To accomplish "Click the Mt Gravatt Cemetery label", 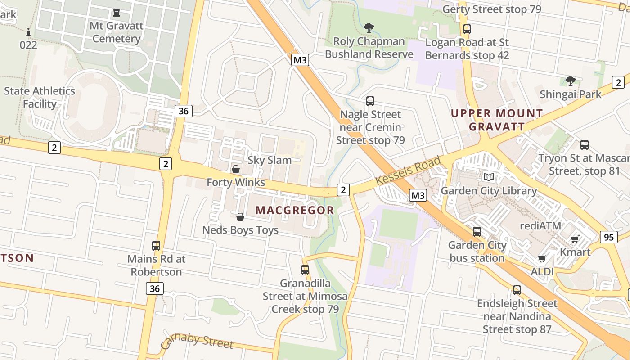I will (x=117, y=32).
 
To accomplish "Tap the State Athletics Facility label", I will (x=40, y=97).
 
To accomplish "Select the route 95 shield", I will (x=608, y=237).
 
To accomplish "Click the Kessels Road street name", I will (x=408, y=171).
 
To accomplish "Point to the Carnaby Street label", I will (x=197, y=341).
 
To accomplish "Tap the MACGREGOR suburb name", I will (x=295, y=210).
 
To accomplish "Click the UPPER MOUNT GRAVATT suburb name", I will (x=497, y=120).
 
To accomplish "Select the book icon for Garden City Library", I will (x=488, y=177).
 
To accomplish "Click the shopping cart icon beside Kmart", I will (x=575, y=239).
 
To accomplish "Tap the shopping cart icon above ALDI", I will (x=542, y=258).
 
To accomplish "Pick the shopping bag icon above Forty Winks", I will (x=235, y=169).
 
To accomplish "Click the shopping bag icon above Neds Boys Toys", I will (x=240, y=217).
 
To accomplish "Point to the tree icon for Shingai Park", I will (x=571, y=81).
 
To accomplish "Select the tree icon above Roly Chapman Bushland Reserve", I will (x=369, y=28).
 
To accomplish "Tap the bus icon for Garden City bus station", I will (x=477, y=232).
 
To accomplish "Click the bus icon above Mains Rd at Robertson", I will (x=156, y=246).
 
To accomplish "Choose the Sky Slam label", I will (x=270, y=160).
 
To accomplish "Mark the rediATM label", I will (x=540, y=225).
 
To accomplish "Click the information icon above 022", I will (x=29, y=32).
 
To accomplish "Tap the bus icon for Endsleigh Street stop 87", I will (x=517, y=290).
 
